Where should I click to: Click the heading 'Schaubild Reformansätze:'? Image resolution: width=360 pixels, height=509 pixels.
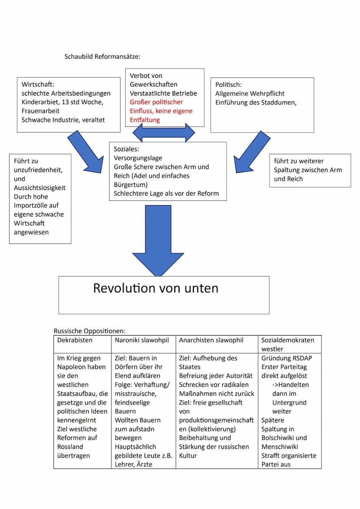103,57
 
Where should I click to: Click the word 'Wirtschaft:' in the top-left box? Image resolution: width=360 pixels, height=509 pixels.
38,85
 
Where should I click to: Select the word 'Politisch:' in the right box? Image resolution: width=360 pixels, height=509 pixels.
228,85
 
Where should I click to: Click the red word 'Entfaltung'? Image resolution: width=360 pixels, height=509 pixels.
145,120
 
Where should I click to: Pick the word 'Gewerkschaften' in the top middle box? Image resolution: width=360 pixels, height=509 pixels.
153,84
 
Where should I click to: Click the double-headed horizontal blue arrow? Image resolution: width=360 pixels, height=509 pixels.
164,132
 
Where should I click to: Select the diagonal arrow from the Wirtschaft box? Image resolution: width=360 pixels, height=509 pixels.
85,152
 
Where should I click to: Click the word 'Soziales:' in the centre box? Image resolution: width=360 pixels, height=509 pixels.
126,149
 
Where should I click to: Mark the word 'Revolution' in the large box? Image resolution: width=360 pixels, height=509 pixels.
124,288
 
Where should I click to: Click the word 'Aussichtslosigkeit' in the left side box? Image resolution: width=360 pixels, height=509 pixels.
40,188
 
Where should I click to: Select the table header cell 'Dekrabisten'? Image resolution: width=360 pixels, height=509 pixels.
75,340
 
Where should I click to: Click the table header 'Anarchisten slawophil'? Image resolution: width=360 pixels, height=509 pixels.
211,340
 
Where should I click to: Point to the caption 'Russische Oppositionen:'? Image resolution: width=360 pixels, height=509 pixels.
90,331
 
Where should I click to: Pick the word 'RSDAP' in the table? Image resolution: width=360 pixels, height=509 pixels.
300,358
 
